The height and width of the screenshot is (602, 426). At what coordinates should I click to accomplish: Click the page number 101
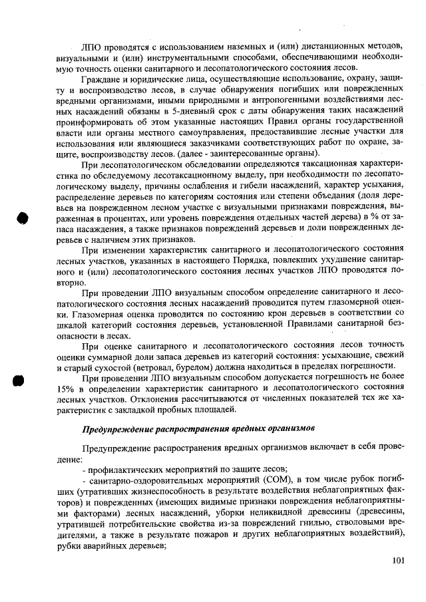[397, 560]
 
